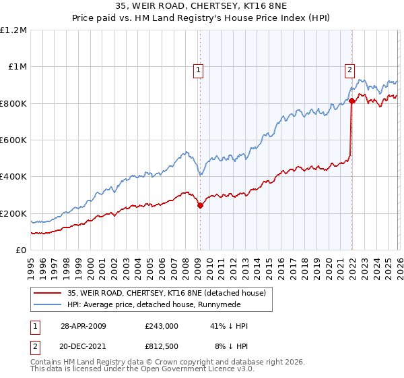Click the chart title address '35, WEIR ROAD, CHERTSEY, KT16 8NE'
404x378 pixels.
coord(201,6)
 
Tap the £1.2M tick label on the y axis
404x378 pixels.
coord(13,30)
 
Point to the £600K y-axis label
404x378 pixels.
coord(13,140)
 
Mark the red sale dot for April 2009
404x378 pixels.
coord(200,206)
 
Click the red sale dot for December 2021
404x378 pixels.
coord(351,101)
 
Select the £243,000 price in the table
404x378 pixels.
coord(161,326)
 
